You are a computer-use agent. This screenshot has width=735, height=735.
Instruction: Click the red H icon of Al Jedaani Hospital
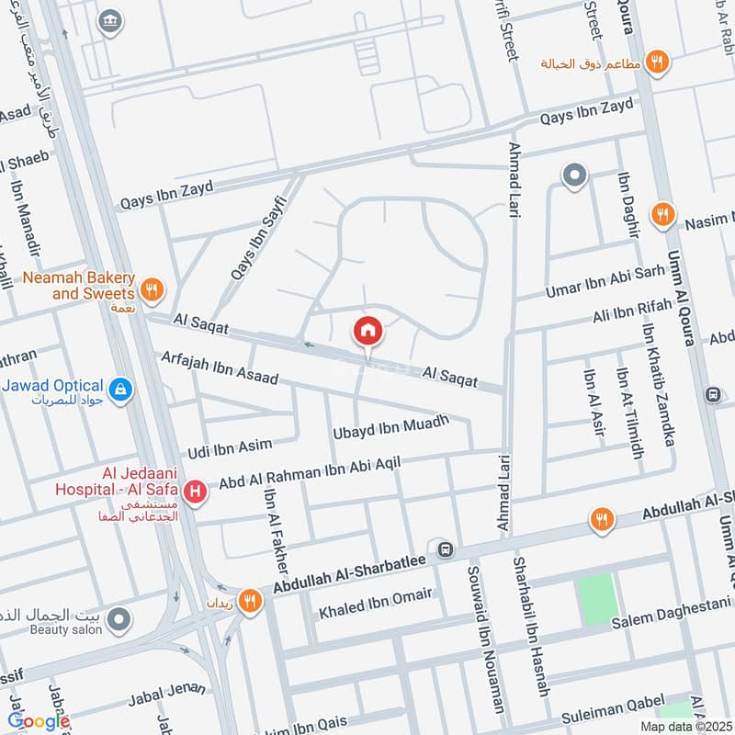pyautogui.click(x=195, y=493)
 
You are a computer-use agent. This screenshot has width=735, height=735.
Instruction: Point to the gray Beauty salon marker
pyautogui.click(x=118, y=622)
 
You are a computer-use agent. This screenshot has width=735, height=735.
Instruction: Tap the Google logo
pyautogui.click(x=39, y=721)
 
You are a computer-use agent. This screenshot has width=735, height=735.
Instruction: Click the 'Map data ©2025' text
pyautogui.click(x=684, y=726)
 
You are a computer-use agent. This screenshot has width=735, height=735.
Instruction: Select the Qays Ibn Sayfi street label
pyautogui.click(x=254, y=244)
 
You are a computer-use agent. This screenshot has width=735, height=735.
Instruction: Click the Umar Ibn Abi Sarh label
pyautogui.click(x=602, y=278)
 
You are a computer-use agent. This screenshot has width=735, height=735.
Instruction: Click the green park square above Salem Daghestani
pyautogui.click(x=594, y=598)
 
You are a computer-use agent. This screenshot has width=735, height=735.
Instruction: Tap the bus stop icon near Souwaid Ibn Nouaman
pyautogui.click(x=446, y=549)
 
